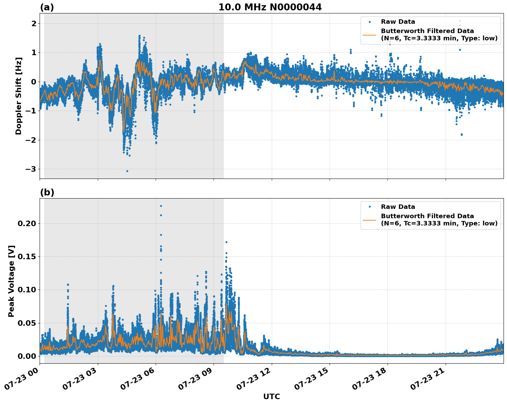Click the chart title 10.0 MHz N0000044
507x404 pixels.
click(270, 7)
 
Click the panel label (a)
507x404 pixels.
click(47, 7)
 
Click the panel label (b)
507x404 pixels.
click(47, 192)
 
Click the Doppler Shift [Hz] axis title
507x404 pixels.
click(19, 96)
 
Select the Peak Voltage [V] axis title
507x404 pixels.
click(11, 281)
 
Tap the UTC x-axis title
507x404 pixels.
click(271, 396)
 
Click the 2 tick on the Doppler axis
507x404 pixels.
click(34, 23)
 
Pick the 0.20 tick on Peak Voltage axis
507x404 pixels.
click(27, 223)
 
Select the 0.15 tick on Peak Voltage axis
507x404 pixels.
click(27, 256)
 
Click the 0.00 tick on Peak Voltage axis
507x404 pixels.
click(27, 356)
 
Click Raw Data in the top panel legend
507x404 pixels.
click(398, 22)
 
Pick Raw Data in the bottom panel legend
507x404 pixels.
click(398, 207)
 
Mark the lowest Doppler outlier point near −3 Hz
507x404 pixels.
click(127, 171)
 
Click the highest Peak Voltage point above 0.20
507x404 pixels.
click(161, 206)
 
